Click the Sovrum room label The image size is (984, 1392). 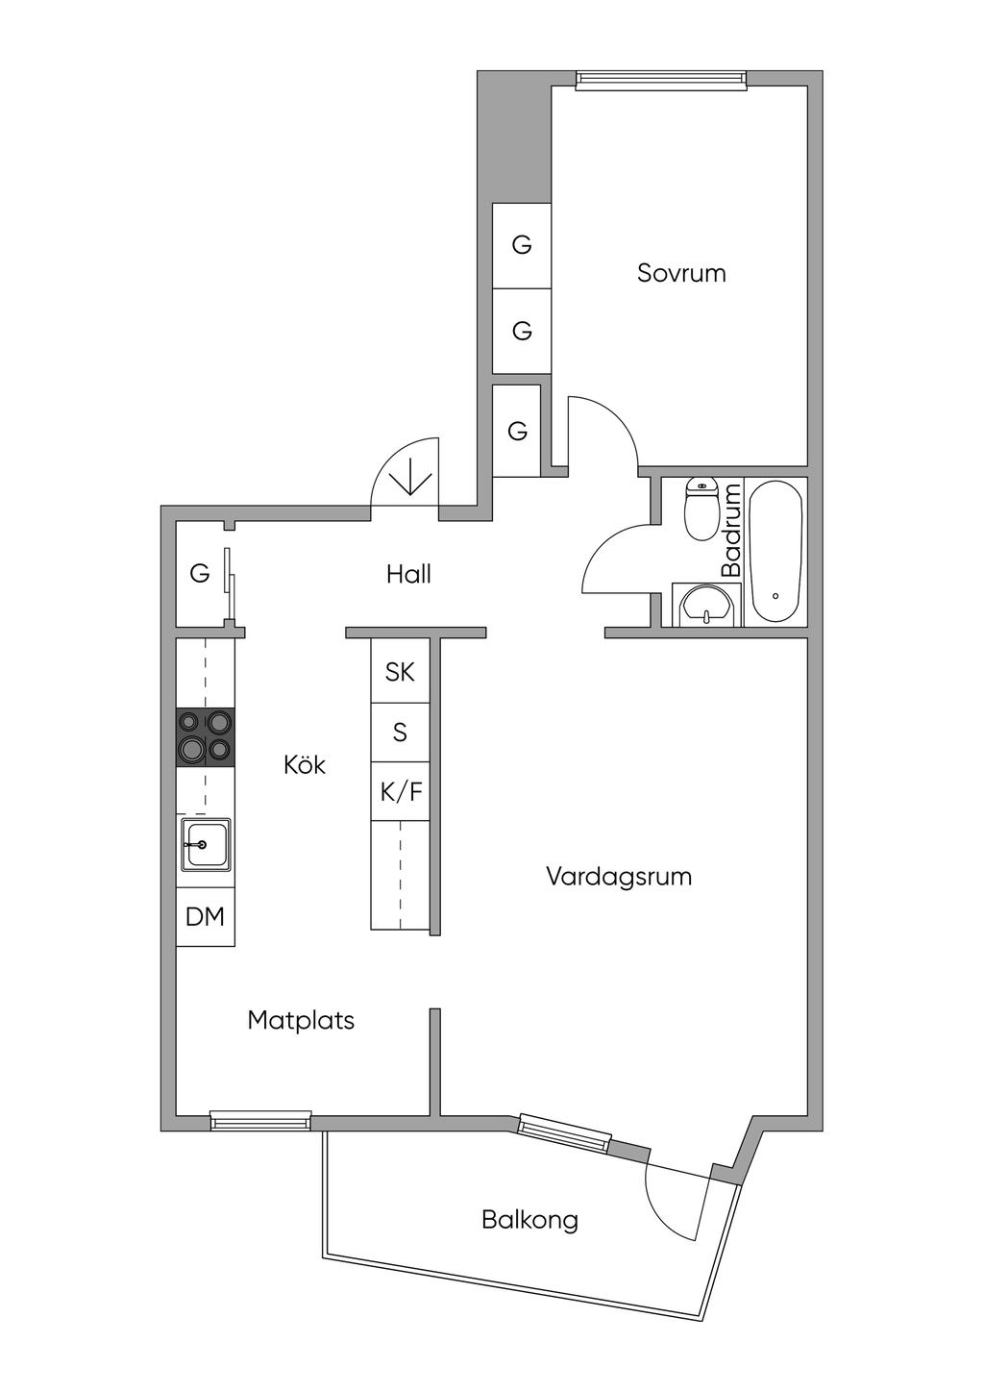coord(681,273)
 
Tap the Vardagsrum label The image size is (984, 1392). coord(619,877)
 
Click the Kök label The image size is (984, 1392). coord(305,764)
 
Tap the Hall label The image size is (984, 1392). coord(408,574)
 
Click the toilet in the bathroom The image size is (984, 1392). coord(701,509)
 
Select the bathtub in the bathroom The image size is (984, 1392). coord(775,552)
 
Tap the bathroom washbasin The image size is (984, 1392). coord(706,606)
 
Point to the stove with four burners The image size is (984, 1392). coord(206,737)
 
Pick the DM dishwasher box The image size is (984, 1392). coord(206,916)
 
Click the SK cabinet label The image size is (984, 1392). coord(400,672)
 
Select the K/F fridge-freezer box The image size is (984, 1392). coord(400,791)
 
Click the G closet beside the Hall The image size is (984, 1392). coord(200,573)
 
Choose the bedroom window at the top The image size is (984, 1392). coord(660,79)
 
